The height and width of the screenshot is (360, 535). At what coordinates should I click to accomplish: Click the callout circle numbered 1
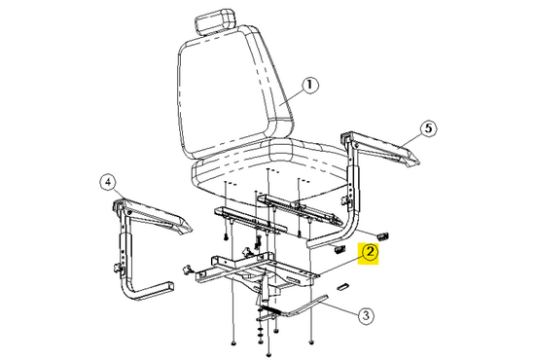click(310, 85)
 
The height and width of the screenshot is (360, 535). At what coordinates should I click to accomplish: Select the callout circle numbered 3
click(365, 314)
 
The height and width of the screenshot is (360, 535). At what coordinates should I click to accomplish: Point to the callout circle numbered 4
click(108, 180)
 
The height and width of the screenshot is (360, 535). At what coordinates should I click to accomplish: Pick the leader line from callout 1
click(291, 97)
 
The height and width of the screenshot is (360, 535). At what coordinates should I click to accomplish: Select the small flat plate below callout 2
click(343, 288)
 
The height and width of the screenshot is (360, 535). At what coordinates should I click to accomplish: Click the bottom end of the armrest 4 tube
click(170, 284)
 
